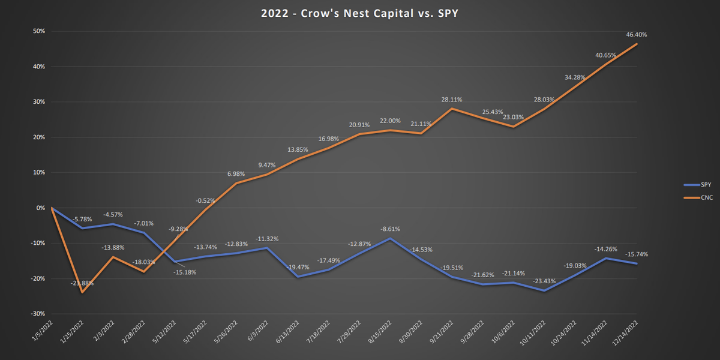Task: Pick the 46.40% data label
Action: coord(636,35)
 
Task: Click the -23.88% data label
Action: coord(81,283)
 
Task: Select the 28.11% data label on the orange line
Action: coord(451,100)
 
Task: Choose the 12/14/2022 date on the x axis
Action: coord(627,333)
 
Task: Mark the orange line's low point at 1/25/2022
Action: coord(82,292)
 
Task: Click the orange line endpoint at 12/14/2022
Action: coord(637,44)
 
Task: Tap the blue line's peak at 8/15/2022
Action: coord(390,238)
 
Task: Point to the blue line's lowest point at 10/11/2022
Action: coord(544,291)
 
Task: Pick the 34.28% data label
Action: coord(574,78)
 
